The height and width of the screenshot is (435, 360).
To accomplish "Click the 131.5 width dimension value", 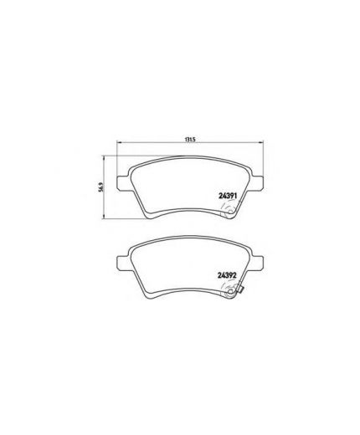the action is click(x=189, y=140).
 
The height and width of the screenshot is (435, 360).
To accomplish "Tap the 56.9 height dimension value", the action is click(x=102, y=187).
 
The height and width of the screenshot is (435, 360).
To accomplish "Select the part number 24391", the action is click(x=227, y=196).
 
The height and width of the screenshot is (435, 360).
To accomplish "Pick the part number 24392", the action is click(x=227, y=275).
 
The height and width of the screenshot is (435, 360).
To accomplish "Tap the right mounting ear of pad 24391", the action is click(x=257, y=183).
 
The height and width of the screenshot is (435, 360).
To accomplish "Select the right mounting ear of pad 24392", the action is click(x=257, y=263).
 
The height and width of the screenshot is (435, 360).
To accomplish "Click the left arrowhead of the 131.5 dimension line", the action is click(x=118, y=143).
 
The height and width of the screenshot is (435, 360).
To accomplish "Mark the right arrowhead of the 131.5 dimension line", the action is click(x=261, y=143).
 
